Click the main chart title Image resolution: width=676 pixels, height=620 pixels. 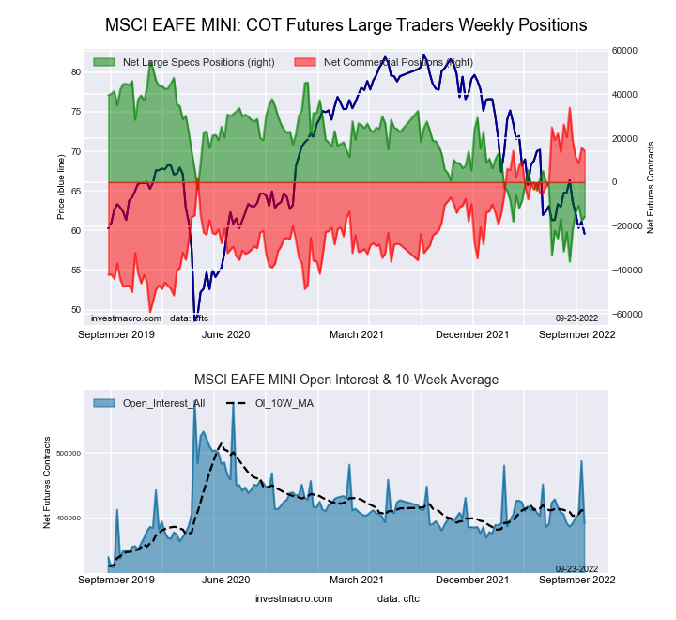346,25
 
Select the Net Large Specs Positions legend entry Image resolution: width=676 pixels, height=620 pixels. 178,62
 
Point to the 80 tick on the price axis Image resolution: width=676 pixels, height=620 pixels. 76,71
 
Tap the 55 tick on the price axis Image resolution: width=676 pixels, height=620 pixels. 76,270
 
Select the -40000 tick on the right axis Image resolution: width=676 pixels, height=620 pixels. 626,271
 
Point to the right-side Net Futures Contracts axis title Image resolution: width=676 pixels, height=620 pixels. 651,187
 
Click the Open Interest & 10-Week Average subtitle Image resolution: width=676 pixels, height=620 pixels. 346,380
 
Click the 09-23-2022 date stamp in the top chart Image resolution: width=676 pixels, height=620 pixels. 576,318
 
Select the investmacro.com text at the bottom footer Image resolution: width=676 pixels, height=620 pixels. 294,598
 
